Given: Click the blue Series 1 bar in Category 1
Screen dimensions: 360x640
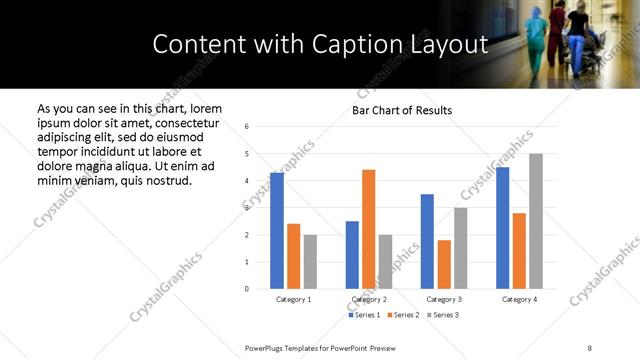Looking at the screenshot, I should coord(277,231).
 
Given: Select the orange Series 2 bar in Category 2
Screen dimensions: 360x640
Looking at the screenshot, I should coord(368,229).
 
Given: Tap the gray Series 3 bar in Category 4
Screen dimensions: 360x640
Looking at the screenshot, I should coord(536,221).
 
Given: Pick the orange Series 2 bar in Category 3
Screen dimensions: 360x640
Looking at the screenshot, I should coord(444,264).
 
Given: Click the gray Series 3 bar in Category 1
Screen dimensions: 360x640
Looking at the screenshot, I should coord(310,262).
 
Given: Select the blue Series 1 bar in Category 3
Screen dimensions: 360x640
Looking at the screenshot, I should coord(427,241).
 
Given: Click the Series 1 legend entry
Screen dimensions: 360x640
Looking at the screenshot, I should coord(363,315).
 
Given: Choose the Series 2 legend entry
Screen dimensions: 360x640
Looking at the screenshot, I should coord(402,315).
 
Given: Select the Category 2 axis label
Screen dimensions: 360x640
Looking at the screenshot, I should coord(368,299).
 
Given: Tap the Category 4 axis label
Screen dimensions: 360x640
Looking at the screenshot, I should coord(519,299).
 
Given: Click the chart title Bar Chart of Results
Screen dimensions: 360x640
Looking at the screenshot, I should coord(402,110).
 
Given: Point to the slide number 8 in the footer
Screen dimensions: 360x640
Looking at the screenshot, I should coord(589,347).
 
